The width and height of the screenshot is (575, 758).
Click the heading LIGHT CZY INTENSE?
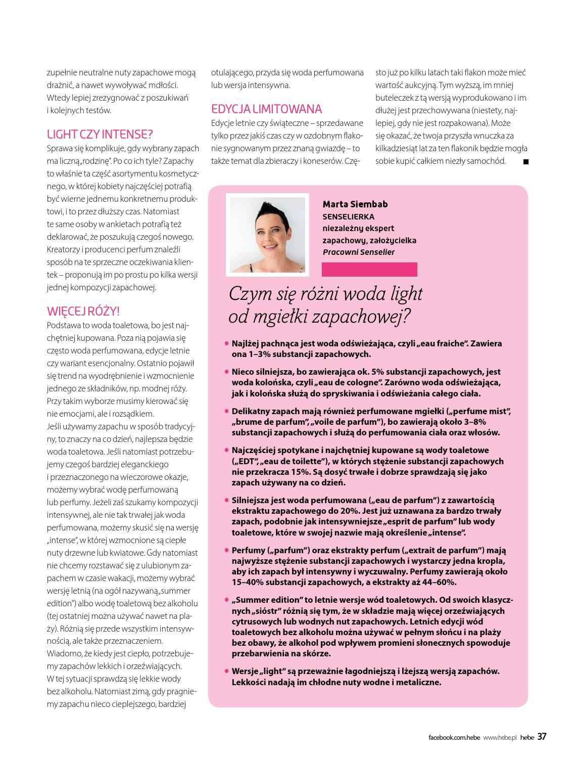pos(100,135)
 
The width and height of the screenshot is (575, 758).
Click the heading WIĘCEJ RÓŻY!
pos(83,311)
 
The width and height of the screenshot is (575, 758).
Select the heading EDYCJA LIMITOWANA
pos(266,109)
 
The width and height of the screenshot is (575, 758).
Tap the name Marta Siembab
pos(355,204)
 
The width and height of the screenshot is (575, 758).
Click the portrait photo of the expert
pos(267,235)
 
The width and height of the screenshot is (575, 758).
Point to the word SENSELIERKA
pos(348,216)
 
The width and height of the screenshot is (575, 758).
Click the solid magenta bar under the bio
pos(370,270)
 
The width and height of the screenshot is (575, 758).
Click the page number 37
pos(542,736)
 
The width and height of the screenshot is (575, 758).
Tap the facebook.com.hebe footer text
pos(454,737)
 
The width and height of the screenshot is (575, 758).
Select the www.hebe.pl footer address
pos(500,737)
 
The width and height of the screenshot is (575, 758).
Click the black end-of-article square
pos(525,162)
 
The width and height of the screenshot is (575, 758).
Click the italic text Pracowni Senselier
pos(359,252)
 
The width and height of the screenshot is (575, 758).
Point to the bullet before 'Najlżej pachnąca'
pos(226,343)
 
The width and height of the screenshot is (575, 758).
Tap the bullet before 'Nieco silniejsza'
pos(226,372)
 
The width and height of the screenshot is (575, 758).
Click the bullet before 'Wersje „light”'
pos(226,671)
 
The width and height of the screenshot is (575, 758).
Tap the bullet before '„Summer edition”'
pos(226,600)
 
